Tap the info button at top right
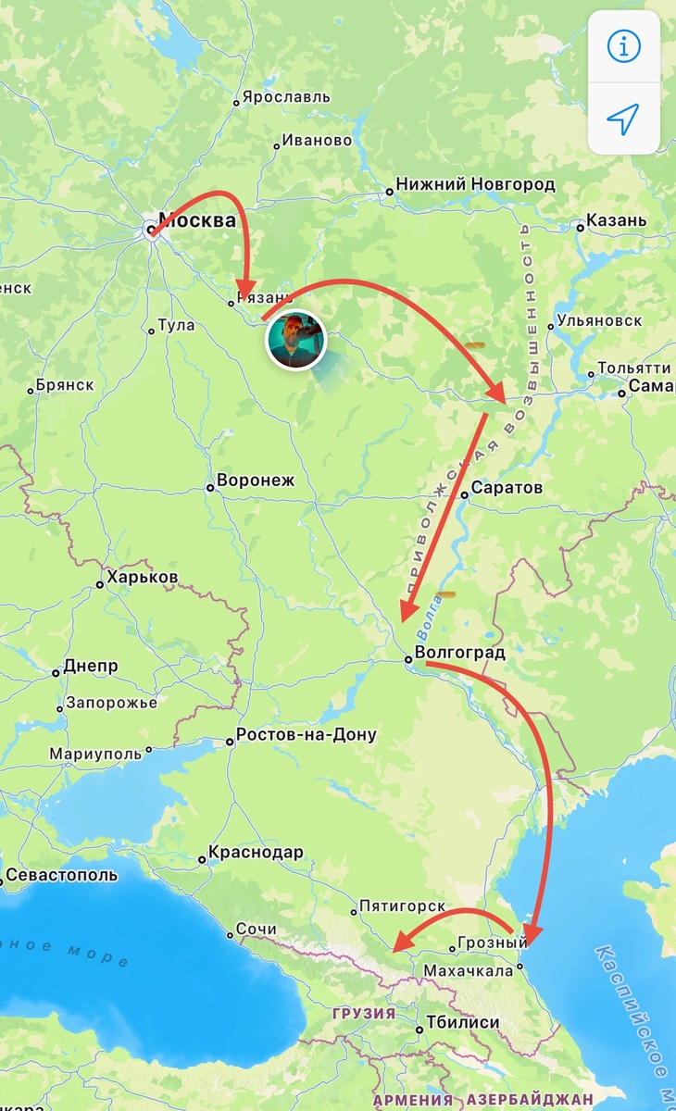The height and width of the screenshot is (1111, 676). (x=623, y=46)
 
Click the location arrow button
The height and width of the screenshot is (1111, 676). (x=623, y=118)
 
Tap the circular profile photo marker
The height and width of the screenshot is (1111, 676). (x=296, y=340)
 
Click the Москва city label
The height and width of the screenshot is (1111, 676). (x=196, y=221)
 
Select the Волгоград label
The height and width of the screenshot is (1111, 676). (x=460, y=653)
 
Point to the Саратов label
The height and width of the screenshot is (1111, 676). (x=507, y=488)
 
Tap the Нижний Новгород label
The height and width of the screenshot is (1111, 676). (x=475, y=184)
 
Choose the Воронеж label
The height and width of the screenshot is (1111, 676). (x=255, y=481)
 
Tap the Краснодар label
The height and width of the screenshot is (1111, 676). (x=256, y=853)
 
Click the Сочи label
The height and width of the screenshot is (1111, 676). (x=256, y=929)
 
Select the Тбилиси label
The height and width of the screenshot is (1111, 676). (x=463, y=1023)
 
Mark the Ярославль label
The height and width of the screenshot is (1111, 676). (x=286, y=97)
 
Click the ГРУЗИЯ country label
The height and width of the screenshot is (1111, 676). (x=364, y=1013)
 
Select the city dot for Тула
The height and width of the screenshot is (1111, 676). (x=151, y=331)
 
